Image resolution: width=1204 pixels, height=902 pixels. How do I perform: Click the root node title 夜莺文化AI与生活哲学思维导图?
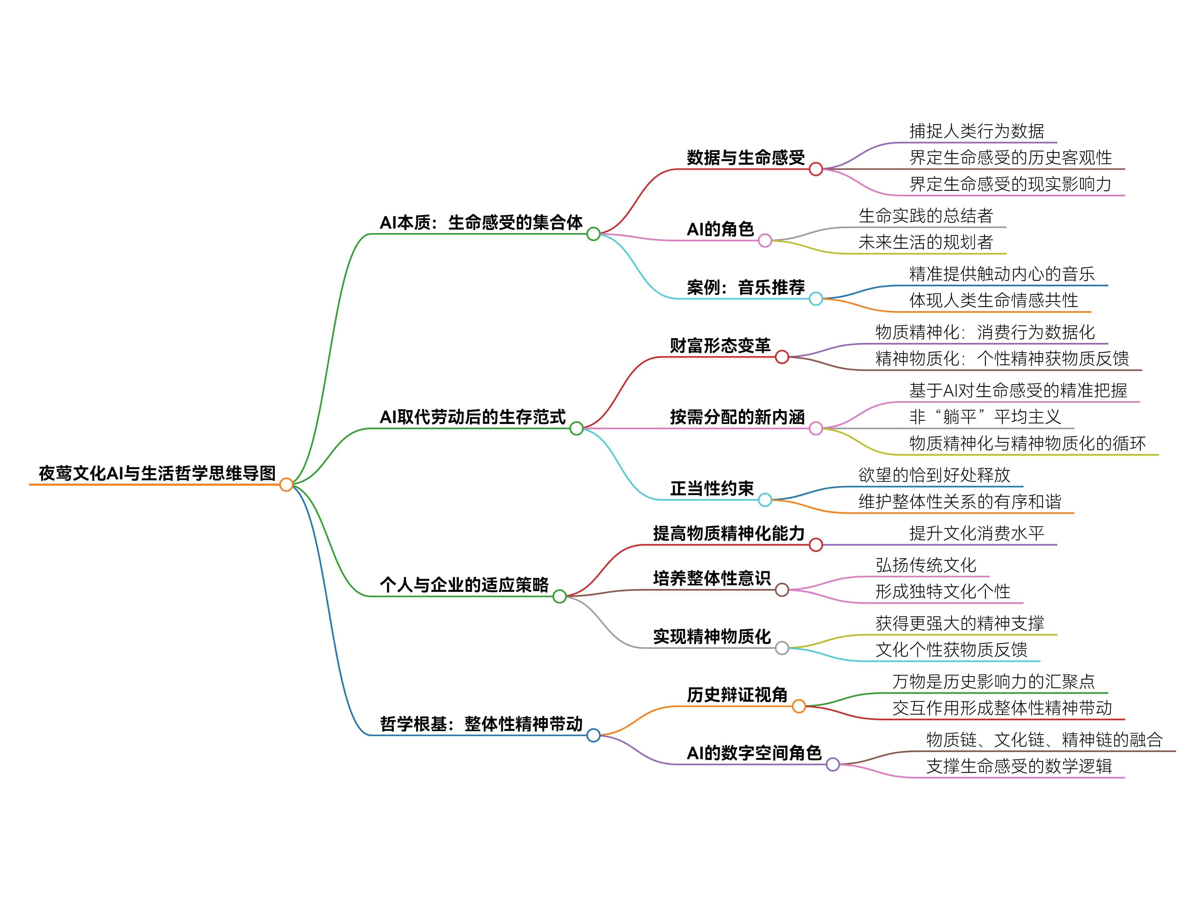coord(157,473)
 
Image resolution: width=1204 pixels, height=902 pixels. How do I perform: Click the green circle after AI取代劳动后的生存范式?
coord(576,428)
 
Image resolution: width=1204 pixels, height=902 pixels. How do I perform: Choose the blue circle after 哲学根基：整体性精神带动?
coord(593,735)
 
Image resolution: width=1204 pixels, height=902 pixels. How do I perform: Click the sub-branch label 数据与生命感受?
coord(745,157)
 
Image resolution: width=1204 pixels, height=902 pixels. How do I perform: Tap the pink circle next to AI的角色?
coord(765,241)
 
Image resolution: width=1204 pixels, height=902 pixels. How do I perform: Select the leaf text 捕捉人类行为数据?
coord(977,131)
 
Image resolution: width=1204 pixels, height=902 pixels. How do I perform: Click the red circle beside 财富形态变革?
coord(782,357)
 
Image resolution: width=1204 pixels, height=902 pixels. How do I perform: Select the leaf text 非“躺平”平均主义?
coord(985,417)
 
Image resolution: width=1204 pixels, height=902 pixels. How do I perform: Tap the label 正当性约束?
coord(711,488)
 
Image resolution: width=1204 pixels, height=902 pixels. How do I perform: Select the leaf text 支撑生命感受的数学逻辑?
coord(1019,767)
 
